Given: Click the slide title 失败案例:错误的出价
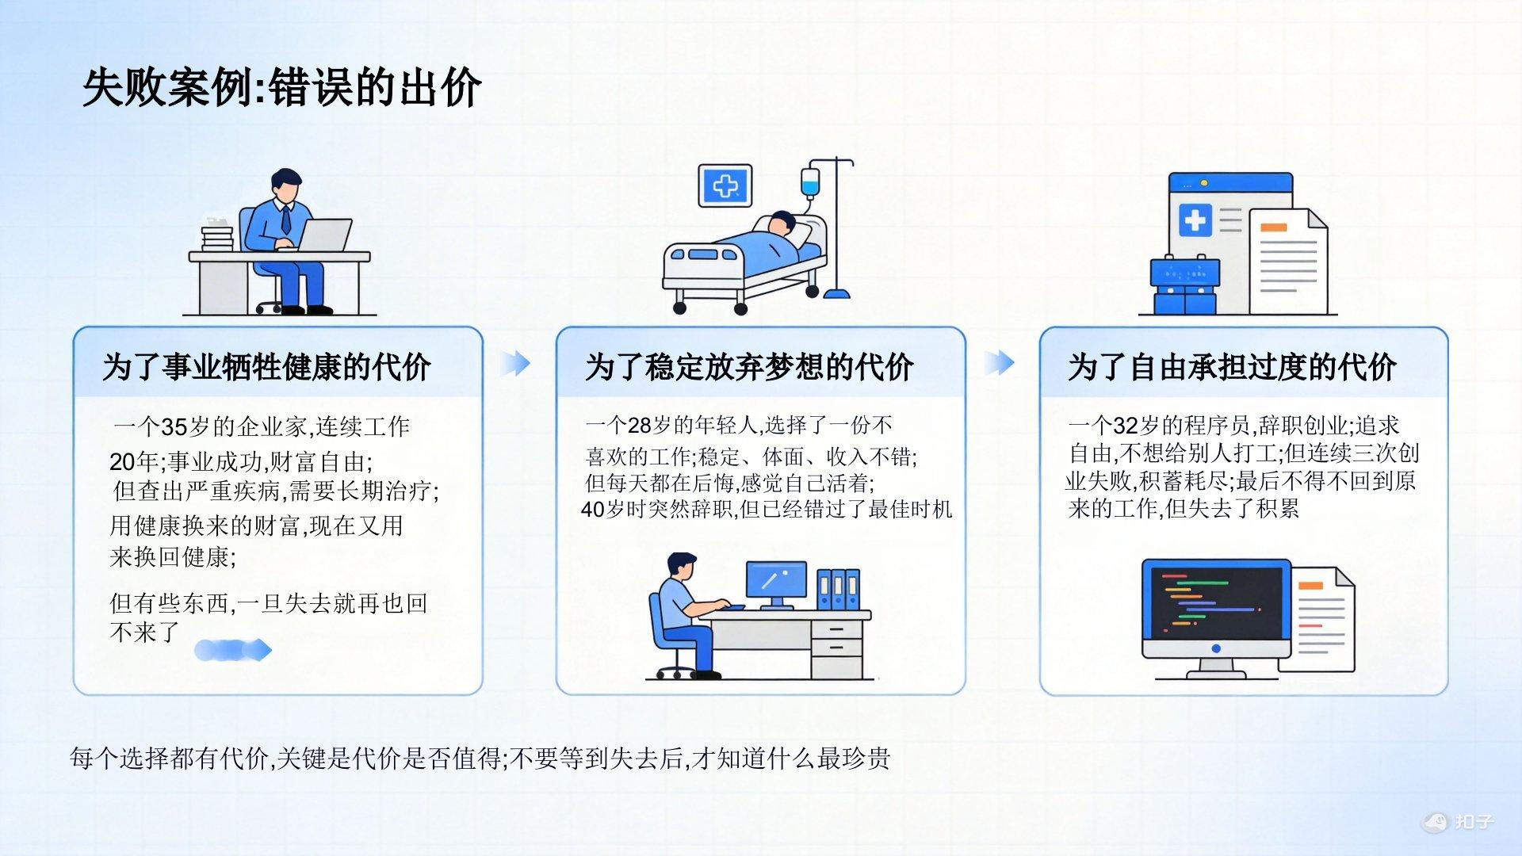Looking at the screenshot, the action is tap(281, 86).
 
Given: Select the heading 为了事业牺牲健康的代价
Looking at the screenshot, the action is tap(266, 367).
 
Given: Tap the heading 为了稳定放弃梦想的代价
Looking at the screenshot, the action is tap(749, 367).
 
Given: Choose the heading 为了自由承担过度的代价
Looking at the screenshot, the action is tap(1232, 367).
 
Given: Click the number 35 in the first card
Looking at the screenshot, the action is tap(174, 427).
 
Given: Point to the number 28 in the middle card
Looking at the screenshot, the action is tap(639, 426).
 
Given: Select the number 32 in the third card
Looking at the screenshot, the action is tap(1126, 426).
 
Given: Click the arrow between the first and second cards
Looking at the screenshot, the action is tap(516, 363).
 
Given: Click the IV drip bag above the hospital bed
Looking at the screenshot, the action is tap(809, 181).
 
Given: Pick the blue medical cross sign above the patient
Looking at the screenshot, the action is tap(725, 185).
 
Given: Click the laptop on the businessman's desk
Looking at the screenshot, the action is tap(323, 235).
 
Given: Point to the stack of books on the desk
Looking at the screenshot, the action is tap(217, 237).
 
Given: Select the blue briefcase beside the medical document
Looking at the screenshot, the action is tap(1185, 285).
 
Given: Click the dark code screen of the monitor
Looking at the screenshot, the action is tap(1216, 602).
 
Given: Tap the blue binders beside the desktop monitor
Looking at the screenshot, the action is tap(839, 589).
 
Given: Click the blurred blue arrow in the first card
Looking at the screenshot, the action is tap(233, 651).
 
